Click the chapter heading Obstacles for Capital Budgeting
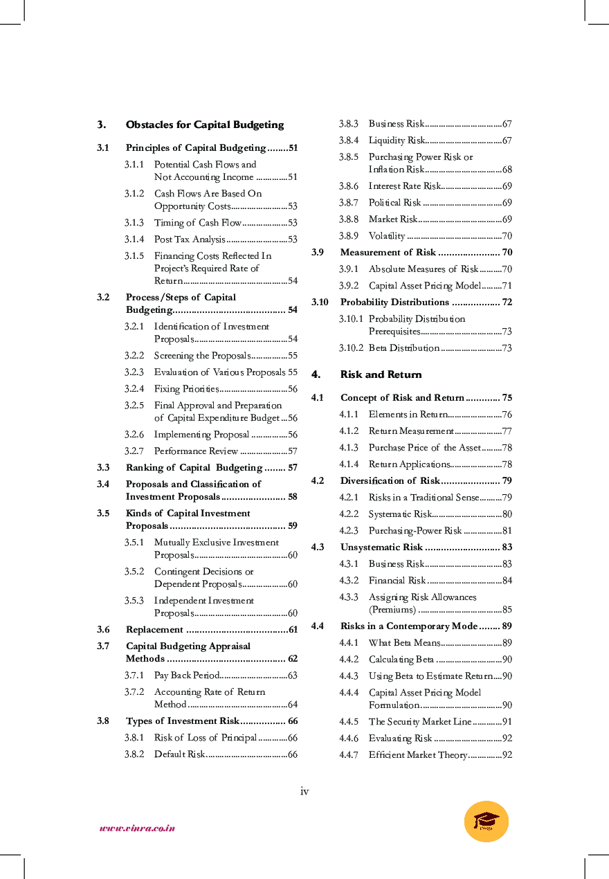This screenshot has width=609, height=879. tap(204, 125)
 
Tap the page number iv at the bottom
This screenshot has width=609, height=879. tap(304, 791)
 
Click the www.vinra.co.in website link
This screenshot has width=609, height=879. tap(137, 828)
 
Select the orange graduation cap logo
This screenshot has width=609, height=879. tap(486, 821)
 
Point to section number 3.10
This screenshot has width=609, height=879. tap(320, 302)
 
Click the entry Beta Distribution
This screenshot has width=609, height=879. tap(403, 348)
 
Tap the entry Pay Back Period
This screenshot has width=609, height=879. tap(187, 676)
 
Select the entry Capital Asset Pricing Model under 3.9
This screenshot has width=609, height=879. tap(424, 286)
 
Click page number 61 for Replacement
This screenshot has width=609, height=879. tap(293, 630)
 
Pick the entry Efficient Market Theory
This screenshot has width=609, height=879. tap(418, 755)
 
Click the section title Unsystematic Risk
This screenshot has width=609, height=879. tap(381, 547)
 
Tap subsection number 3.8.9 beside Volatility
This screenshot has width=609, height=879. tap(348, 236)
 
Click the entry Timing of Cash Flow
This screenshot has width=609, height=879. tap(197, 223)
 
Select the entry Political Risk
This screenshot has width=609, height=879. tap(394, 203)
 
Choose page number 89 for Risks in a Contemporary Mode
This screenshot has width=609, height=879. tap(507, 626)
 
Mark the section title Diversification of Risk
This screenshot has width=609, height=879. tap(390, 481)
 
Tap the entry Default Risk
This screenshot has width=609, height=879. tap(179, 754)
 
